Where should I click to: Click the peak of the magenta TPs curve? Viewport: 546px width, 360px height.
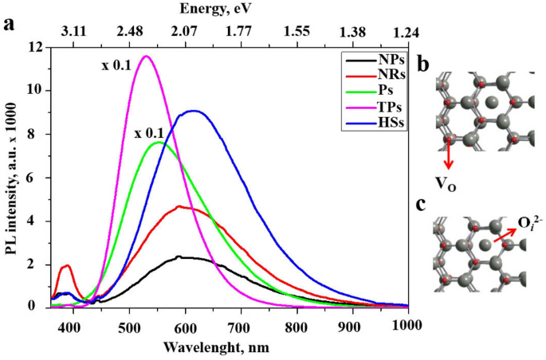(x=146, y=56)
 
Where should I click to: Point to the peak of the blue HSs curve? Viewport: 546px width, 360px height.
(x=194, y=111)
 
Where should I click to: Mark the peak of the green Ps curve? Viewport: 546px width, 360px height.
(x=159, y=143)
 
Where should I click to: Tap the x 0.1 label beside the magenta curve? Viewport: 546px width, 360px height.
(x=116, y=65)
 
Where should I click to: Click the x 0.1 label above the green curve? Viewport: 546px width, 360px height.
(x=149, y=132)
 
